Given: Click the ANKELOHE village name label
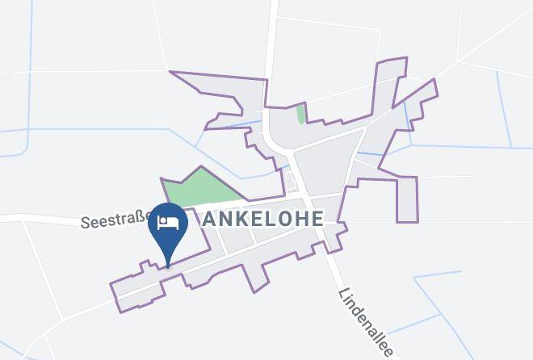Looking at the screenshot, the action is coord(262,219).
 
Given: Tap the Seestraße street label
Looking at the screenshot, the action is coord(113,220).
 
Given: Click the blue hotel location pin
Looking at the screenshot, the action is coord(168,227).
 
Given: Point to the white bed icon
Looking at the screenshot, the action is coord(168,223).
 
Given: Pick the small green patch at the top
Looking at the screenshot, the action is coord(301,114).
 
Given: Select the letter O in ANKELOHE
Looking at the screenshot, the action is coord(286,219).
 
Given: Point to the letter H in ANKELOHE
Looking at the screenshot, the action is coord(302,219).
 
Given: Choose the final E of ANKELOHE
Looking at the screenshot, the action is coord(317,219).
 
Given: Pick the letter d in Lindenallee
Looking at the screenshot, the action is coord(351,309).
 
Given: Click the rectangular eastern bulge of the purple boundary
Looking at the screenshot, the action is coord(407,199).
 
